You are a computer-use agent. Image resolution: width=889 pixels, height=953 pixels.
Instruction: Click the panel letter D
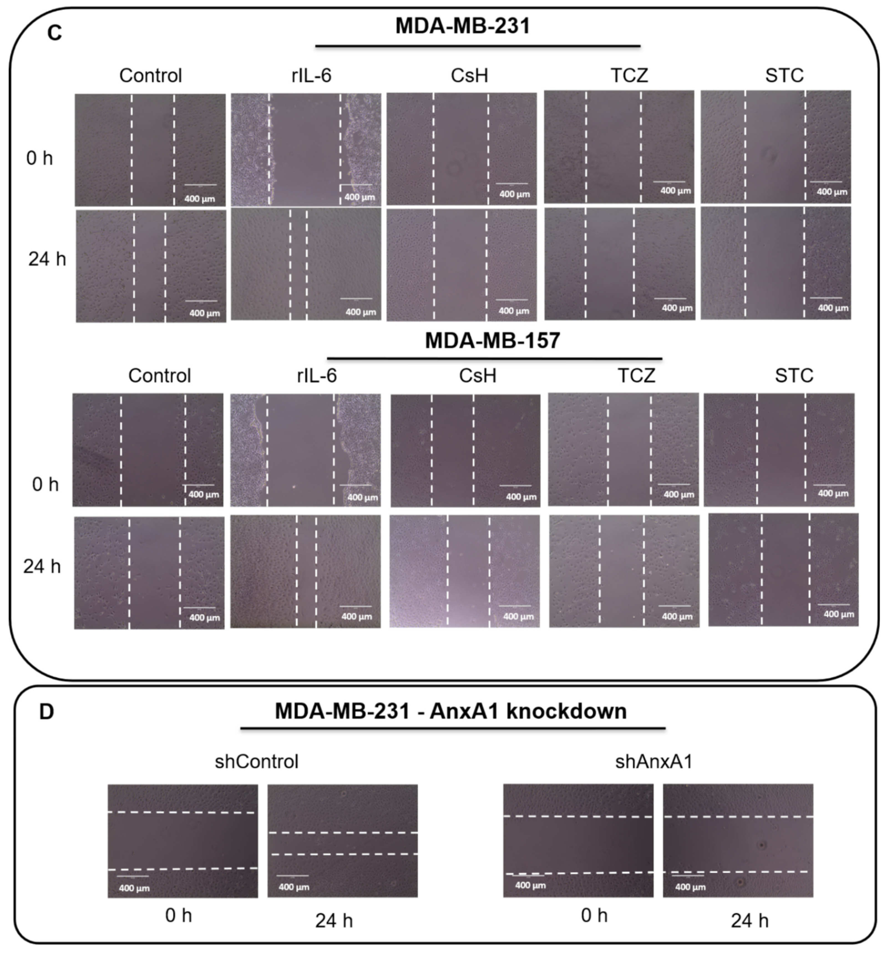47,712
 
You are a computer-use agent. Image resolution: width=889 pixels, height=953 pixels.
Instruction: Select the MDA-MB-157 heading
492,340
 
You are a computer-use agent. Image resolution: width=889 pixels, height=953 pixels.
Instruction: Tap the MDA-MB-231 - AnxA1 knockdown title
450,711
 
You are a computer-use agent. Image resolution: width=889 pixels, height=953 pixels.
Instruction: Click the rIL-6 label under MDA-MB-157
317,375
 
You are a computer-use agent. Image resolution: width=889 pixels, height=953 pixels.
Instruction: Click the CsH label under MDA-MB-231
469,75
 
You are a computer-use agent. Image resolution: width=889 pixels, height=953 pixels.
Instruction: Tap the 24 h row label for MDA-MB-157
42,567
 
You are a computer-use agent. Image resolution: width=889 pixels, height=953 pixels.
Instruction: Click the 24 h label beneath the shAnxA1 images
749,921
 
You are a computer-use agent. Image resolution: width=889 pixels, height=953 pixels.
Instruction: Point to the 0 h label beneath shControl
178,916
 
